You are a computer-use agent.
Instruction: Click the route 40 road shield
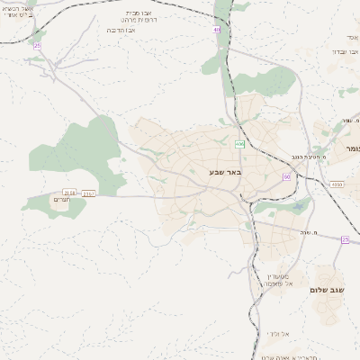point(216,30)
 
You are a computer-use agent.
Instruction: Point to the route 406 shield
point(239,144)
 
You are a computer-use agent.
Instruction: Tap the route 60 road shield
point(286,177)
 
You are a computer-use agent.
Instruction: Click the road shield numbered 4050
point(336,184)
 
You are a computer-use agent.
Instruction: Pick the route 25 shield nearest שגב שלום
point(345,239)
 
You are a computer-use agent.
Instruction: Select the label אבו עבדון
point(346,51)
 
